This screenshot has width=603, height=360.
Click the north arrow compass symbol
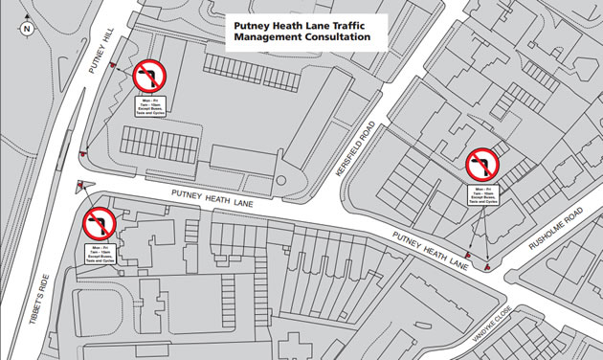(26, 28)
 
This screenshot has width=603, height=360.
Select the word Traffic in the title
(339, 24)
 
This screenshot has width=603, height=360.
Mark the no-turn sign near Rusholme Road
(484, 167)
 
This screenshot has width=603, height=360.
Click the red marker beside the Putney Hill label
(113, 66)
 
